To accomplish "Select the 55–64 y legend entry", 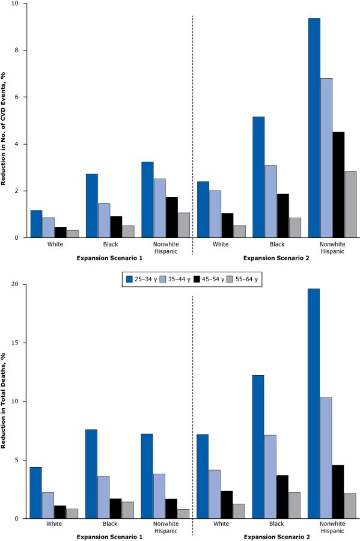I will tap(246, 278).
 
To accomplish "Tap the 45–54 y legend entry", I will tap(208, 278).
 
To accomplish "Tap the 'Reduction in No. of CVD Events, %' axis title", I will tap(5, 120).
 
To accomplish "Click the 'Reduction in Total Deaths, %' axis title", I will tap(5, 401).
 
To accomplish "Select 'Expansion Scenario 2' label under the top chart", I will tap(276, 258).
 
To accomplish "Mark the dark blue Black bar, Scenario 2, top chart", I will tap(258, 177).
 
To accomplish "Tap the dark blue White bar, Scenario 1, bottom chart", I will tap(35, 492).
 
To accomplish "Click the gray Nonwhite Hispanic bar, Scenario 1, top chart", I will tap(184, 225).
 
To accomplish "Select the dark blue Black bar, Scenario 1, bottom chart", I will tap(91, 474).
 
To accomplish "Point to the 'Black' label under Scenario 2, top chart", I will tap(276, 245).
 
